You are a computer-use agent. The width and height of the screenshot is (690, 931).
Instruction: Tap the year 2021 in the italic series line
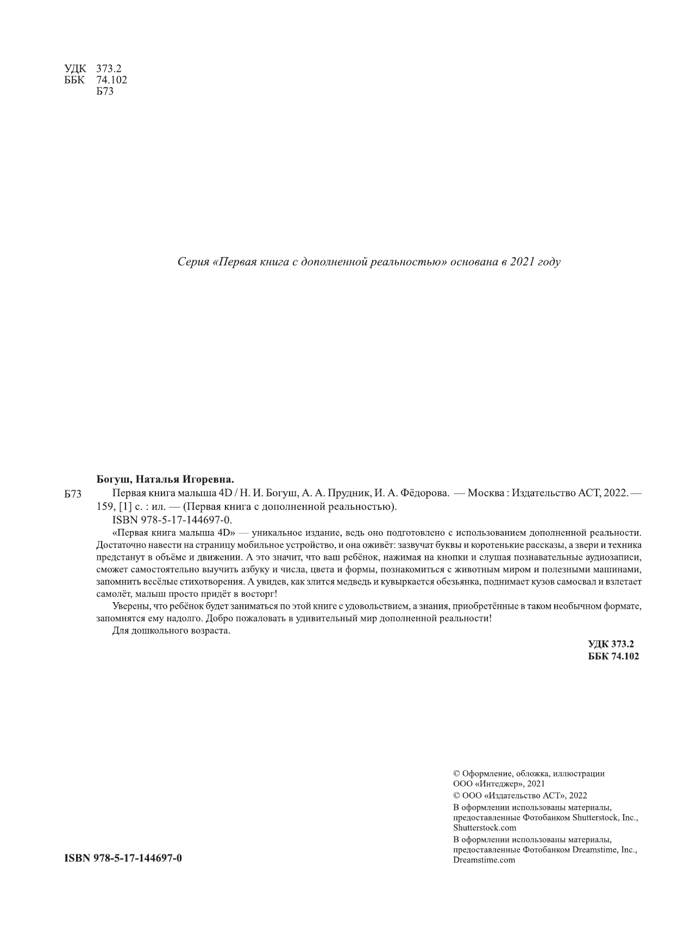[522, 262]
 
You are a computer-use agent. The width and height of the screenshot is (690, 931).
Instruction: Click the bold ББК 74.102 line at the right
[613, 656]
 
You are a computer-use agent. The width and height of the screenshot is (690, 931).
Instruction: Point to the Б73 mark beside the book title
[72, 495]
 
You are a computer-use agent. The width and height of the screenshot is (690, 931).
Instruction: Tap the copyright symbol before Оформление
[456, 773]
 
